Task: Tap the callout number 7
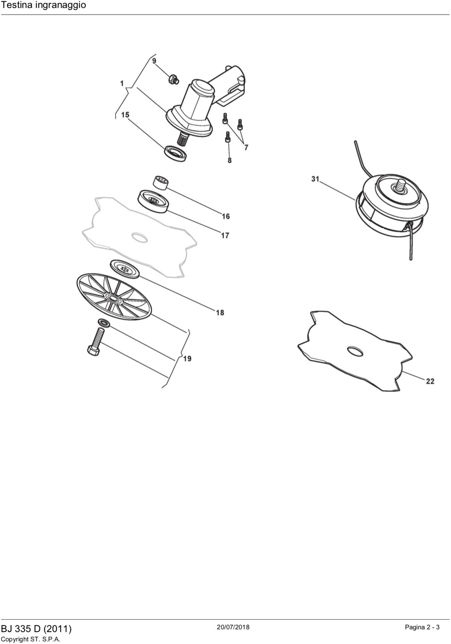click(246, 148)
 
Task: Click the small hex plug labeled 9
click(174, 79)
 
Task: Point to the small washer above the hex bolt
click(104, 323)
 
